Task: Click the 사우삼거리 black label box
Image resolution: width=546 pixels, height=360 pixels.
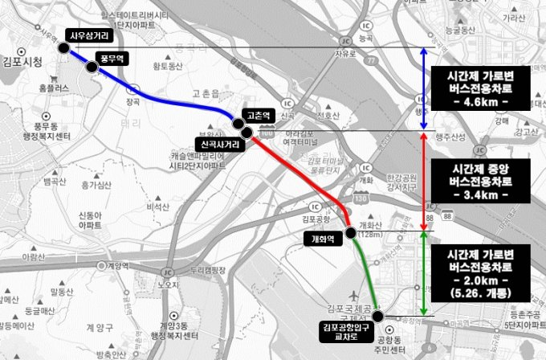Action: click(89, 36)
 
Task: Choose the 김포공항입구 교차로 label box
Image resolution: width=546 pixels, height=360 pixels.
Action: click(350, 329)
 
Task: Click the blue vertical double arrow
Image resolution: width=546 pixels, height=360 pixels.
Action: click(424, 88)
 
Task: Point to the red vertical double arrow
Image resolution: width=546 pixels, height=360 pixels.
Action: click(424, 179)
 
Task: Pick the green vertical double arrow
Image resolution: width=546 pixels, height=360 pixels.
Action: click(424, 273)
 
